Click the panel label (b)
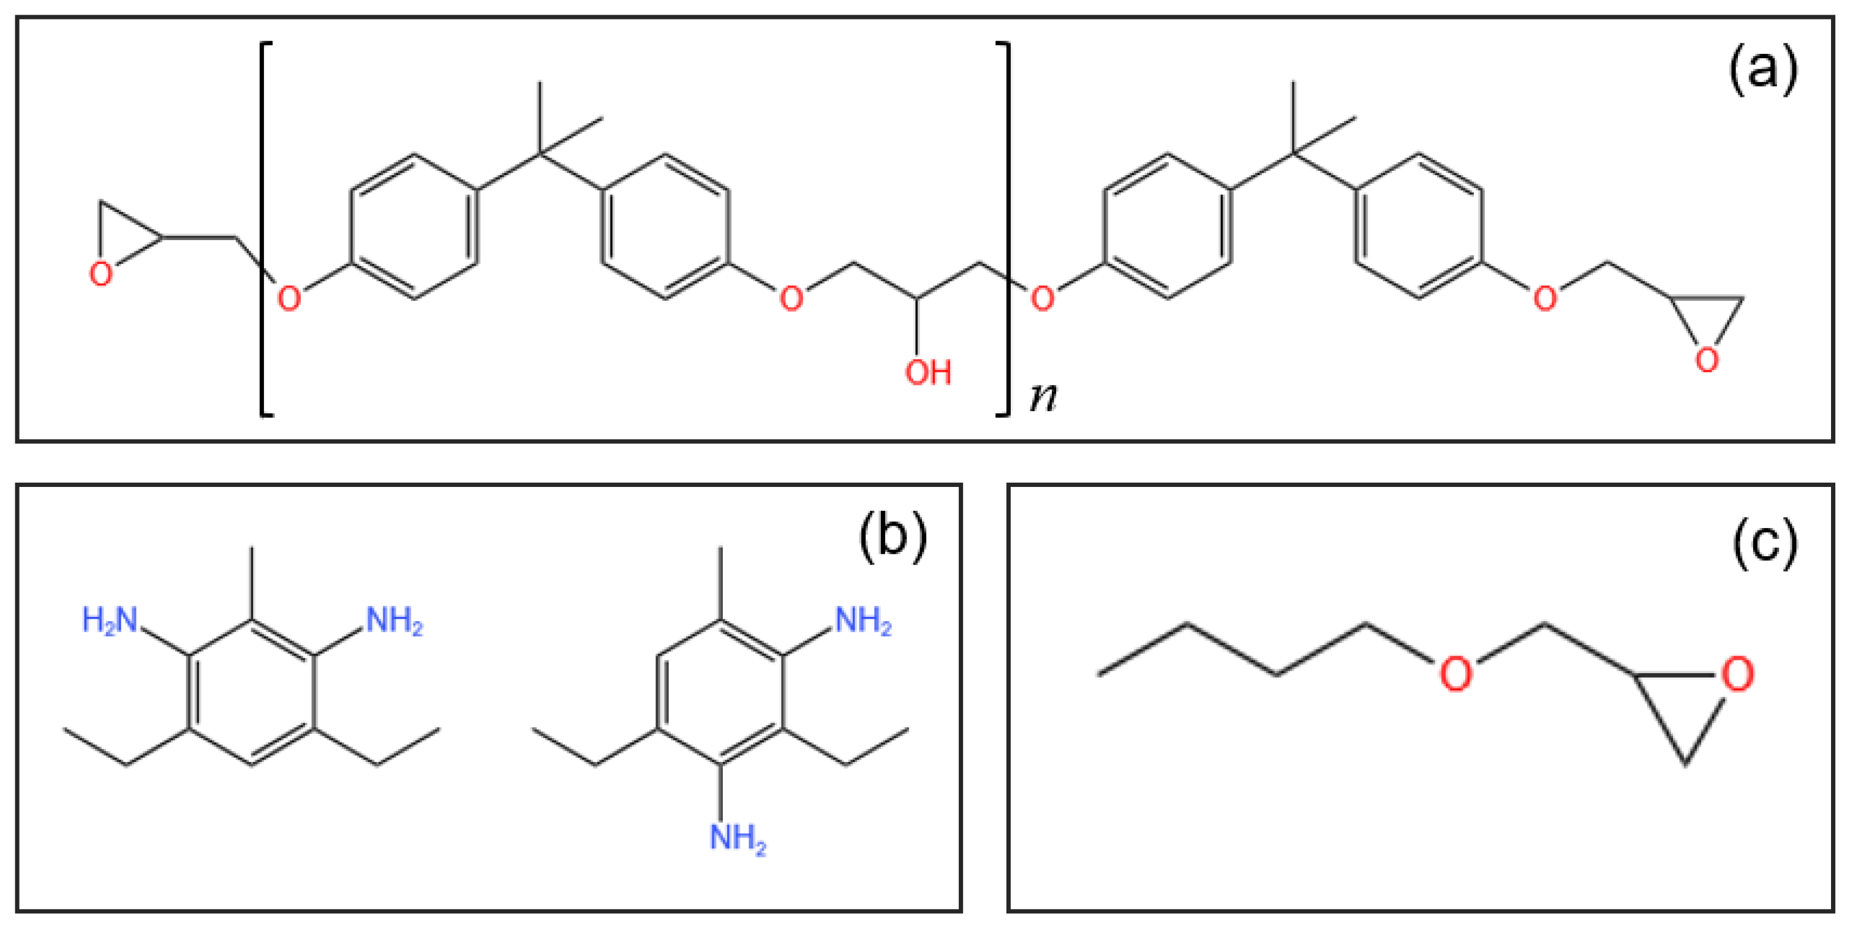893,537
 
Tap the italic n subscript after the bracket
1043,396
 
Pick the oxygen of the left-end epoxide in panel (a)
100,274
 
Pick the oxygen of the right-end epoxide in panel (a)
1707,360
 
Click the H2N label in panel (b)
110,620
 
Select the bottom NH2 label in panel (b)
738,837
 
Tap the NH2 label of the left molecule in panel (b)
395,621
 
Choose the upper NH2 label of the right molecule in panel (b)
863,621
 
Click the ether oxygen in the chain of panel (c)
1455,674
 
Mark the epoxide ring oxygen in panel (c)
1737,674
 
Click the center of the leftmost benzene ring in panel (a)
414,226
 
